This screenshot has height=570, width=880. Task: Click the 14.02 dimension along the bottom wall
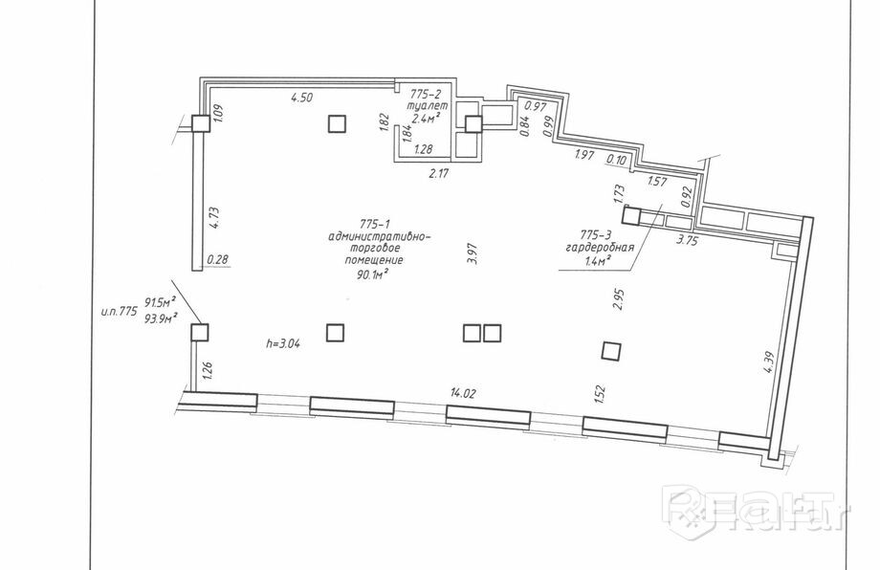(466, 392)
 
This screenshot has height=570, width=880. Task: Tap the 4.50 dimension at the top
(302, 97)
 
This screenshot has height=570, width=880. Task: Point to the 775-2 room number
(425, 95)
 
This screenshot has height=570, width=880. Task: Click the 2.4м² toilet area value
(426, 119)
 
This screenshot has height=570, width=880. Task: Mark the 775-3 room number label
(598, 233)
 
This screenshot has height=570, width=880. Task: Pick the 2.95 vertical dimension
(620, 301)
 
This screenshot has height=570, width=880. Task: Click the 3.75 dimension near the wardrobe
(686, 241)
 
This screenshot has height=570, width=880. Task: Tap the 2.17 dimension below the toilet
(439, 173)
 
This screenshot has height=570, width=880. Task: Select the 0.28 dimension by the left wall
(219, 259)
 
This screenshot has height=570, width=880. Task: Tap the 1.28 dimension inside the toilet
(425, 149)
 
